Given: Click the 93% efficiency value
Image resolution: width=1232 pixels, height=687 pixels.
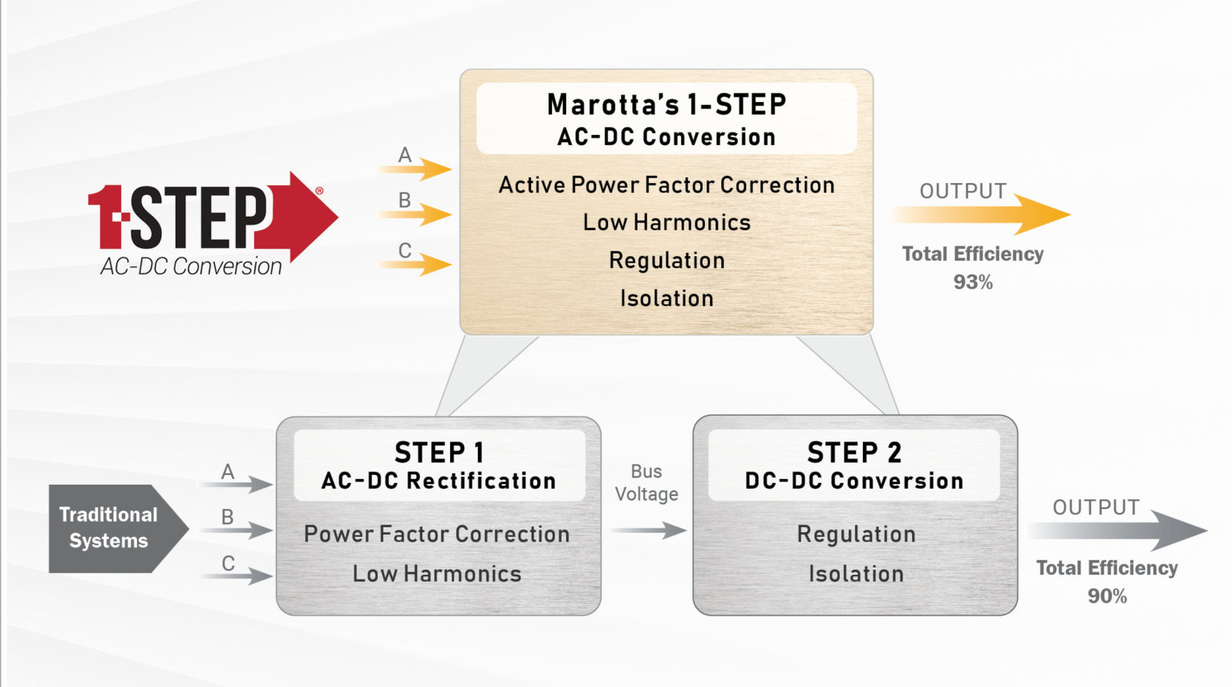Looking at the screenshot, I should point(972,282).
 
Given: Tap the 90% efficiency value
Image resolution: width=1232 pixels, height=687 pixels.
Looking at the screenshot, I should point(1107,596).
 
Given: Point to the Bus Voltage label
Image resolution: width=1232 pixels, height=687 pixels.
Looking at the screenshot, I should point(646,482).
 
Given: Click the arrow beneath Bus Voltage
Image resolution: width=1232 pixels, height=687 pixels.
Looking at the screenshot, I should point(648,530).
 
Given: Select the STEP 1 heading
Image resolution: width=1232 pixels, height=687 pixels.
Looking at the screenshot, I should point(439,453).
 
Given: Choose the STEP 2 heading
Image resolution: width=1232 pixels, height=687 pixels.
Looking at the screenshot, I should point(854,453).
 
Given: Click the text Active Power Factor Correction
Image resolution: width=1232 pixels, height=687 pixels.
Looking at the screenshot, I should point(667,185).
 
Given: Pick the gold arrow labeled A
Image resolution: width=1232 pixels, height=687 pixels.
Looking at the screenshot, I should point(425,169).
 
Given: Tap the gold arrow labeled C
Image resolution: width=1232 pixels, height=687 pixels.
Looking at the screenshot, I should point(425,264).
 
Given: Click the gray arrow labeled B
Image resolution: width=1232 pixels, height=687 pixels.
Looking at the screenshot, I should point(245,530).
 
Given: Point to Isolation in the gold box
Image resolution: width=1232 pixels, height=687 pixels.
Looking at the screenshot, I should point(667,298).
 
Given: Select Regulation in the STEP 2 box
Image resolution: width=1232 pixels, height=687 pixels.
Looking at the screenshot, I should point(856,535).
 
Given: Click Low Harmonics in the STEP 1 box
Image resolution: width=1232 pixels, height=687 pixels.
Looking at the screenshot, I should point(437,574).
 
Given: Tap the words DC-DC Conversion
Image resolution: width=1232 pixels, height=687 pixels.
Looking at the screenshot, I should point(854,481).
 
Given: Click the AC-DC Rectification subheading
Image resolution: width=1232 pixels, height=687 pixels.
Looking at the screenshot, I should point(439,481).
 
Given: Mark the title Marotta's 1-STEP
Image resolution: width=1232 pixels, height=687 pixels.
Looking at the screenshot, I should point(667,104).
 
